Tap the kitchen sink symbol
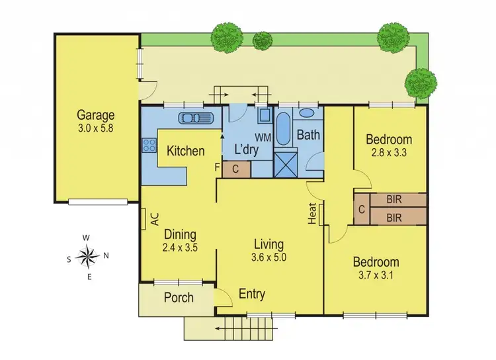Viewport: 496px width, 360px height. click(196, 118)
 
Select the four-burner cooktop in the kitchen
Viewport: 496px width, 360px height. click(148, 145)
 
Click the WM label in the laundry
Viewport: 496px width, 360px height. click(263, 138)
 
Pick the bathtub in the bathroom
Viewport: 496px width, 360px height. click(282, 130)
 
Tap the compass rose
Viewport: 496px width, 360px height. click(87, 255)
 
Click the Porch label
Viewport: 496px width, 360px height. click(179, 297)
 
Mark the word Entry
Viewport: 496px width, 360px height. click(252, 294)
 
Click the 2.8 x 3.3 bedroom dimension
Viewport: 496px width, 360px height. click(389, 153)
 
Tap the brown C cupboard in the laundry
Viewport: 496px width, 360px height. click(236, 169)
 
